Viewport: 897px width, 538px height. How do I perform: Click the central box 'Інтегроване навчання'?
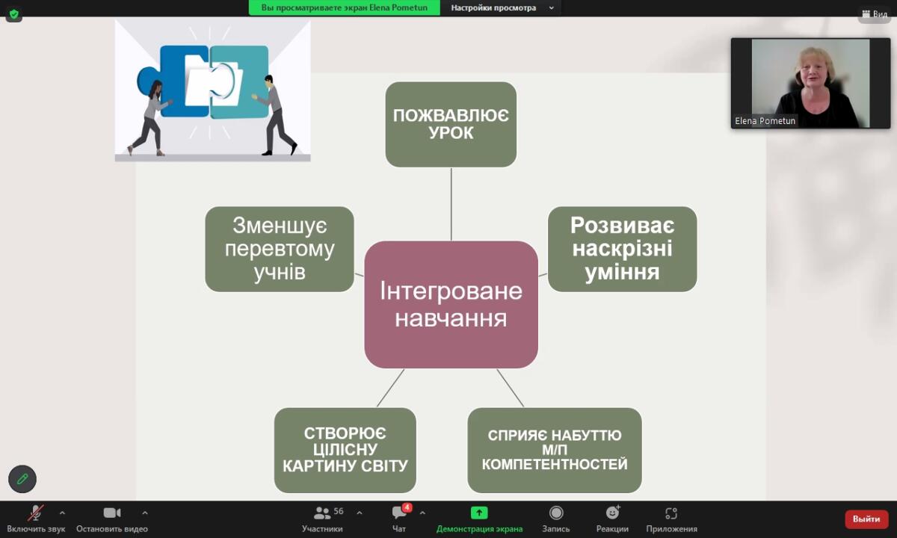451,305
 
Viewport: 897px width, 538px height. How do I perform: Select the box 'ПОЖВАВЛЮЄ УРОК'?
451,125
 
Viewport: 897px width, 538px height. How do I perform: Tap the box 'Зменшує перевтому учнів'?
280,249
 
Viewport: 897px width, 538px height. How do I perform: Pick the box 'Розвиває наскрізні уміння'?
622,249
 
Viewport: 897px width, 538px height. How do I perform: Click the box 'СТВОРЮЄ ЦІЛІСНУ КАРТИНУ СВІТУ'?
345,451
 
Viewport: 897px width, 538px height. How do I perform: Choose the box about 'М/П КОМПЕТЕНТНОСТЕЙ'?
555,451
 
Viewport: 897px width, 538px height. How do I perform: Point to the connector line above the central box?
451,204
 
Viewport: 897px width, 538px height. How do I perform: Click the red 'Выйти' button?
866,519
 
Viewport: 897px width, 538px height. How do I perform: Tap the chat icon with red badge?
400,512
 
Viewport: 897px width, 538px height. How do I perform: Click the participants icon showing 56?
321,513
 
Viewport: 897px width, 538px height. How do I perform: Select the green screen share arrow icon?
479,513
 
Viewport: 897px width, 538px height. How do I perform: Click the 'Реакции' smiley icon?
612,513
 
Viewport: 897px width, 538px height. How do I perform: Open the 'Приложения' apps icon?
671,513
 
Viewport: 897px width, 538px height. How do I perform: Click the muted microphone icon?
36,513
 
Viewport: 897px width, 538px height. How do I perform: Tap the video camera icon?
112,513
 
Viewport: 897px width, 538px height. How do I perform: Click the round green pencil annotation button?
22,479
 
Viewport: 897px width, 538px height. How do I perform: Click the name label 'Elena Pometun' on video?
765,121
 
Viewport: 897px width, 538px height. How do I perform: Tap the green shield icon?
14,15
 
